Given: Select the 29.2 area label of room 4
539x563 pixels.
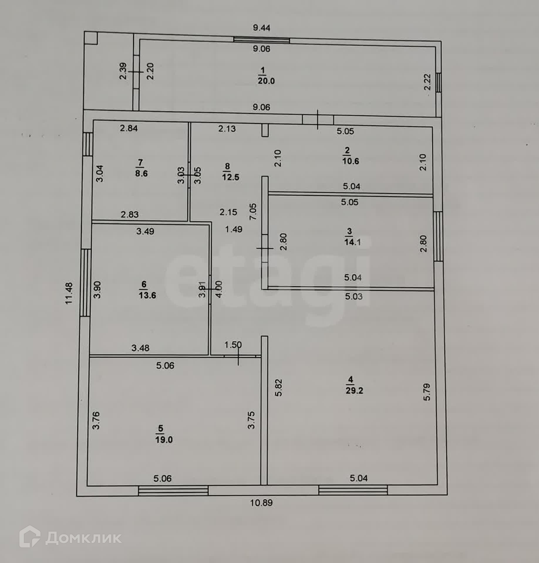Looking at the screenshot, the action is click(x=354, y=391).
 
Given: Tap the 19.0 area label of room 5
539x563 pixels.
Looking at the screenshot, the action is click(x=164, y=440).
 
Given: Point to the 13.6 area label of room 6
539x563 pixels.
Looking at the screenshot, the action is click(x=147, y=295).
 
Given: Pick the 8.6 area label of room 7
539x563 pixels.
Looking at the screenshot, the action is click(x=141, y=173).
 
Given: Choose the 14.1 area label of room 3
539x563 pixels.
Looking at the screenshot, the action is click(x=352, y=242).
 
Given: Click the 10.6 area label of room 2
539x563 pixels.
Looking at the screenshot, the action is click(x=351, y=161).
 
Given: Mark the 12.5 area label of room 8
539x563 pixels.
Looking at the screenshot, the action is click(x=230, y=177).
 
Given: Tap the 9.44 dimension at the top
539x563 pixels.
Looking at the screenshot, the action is click(x=261, y=28).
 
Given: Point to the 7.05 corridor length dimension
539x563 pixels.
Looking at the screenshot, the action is click(x=253, y=212).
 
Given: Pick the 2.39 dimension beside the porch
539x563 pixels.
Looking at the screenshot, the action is click(x=123, y=71).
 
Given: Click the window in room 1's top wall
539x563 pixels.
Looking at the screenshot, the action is click(x=261, y=40).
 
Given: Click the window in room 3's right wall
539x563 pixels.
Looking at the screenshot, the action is click(x=438, y=236).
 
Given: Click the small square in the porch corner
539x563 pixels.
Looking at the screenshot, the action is click(x=91, y=38).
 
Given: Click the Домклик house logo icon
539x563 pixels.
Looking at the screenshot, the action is click(x=30, y=536).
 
